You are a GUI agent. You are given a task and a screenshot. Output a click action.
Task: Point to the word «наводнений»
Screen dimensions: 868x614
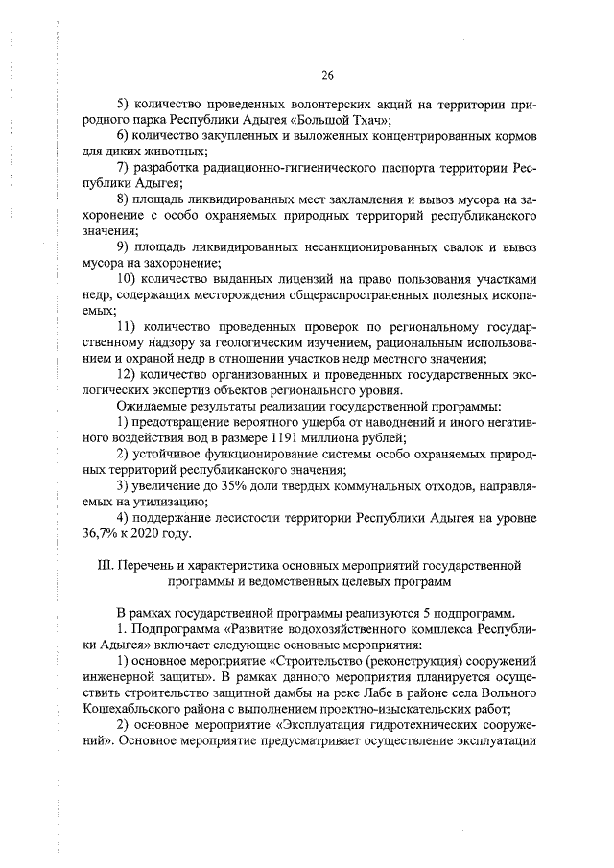point(391,420)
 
